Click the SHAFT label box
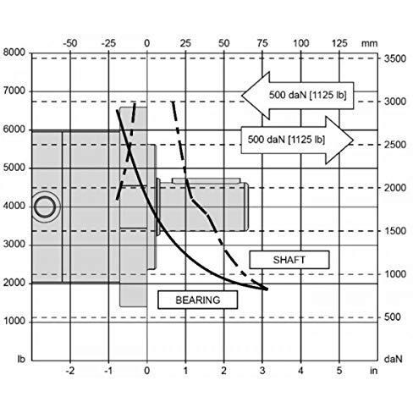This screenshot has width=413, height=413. (x=289, y=260)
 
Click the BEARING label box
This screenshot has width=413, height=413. (x=198, y=300)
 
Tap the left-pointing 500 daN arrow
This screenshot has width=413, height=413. (x=298, y=96)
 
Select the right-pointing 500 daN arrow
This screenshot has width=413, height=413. (x=297, y=140)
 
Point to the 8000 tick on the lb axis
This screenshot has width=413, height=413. (x=14, y=52)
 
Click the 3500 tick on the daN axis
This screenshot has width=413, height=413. (x=395, y=58)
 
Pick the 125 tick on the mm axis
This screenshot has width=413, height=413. (x=339, y=43)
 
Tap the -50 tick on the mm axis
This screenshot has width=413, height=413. (x=70, y=43)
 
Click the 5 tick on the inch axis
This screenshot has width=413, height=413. (x=339, y=371)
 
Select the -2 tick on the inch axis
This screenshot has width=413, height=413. (x=70, y=371)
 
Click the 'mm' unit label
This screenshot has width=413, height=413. (x=369, y=44)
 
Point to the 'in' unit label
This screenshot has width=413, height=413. (x=373, y=371)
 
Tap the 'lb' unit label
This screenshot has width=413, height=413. (x=21, y=359)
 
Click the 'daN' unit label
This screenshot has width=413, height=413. (x=393, y=359)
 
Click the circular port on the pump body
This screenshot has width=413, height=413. (x=45, y=206)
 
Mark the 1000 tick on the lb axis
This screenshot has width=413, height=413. (x=14, y=321)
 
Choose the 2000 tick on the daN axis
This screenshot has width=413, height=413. (x=395, y=188)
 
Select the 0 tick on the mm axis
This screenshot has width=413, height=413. (x=147, y=43)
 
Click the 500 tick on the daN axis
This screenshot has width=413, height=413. (x=393, y=317)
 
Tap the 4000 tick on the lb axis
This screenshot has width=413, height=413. (x=14, y=206)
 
